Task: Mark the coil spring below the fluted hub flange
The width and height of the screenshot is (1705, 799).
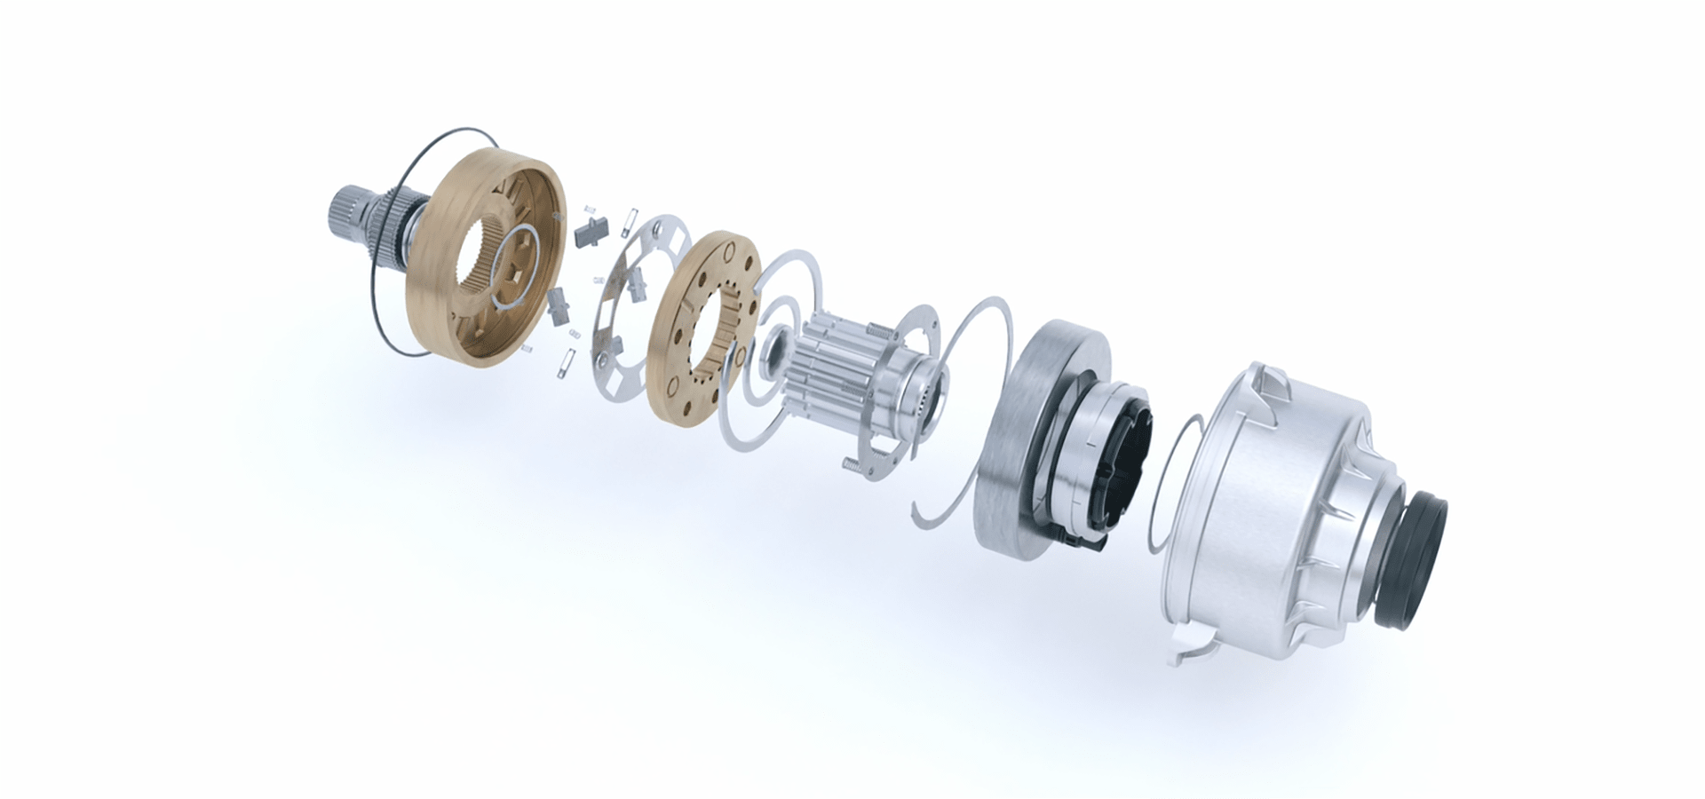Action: [x=851, y=463]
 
